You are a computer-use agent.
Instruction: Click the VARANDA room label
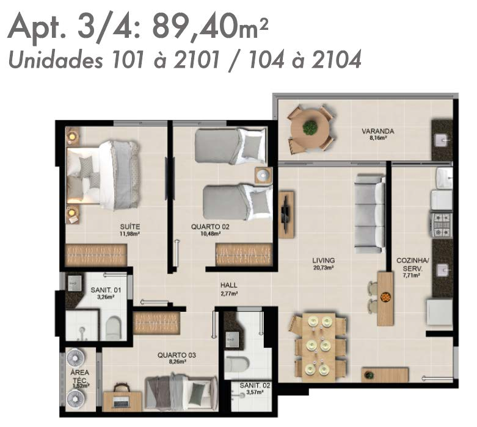(x=378, y=131)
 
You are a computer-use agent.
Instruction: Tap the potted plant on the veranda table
(x=310, y=127)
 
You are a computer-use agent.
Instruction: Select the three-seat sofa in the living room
(x=370, y=213)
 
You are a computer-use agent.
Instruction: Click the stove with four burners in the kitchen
(x=441, y=225)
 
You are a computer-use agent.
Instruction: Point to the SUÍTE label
(x=130, y=227)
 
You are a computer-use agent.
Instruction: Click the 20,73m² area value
(x=324, y=268)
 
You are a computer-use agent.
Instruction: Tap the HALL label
(x=229, y=285)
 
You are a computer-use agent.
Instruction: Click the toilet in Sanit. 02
(x=237, y=363)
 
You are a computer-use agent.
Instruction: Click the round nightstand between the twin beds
(x=263, y=175)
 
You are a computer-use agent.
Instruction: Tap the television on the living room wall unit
(x=286, y=214)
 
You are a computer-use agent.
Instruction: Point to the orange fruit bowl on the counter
(x=385, y=297)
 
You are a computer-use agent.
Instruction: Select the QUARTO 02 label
(x=210, y=227)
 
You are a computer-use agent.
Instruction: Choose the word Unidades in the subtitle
(x=56, y=60)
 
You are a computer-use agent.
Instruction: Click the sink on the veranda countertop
(x=443, y=140)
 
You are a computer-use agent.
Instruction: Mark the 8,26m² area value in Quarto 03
(x=177, y=362)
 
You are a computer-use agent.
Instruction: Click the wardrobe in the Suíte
(x=96, y=255)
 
